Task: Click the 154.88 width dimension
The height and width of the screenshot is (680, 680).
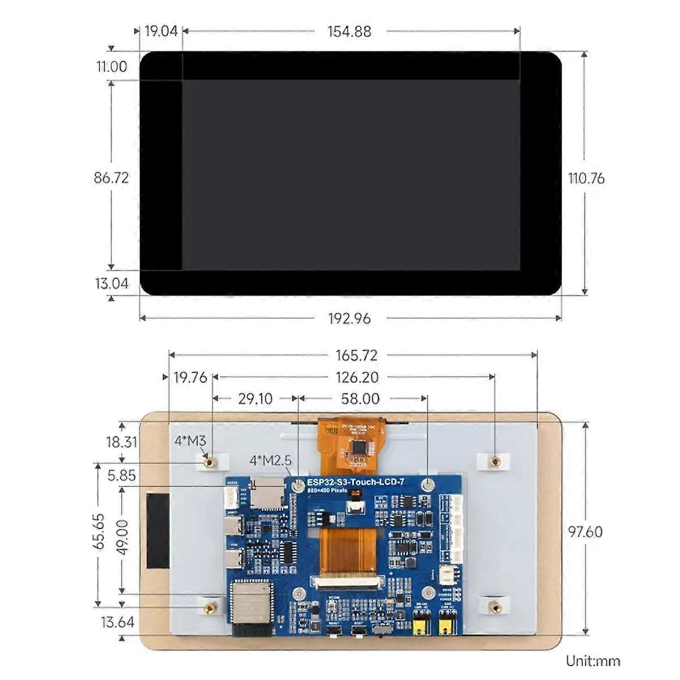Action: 349,32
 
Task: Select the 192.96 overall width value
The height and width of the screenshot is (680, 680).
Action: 349,318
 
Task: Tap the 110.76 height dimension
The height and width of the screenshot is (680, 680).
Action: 586,178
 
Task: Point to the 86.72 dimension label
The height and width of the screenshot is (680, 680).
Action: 111,178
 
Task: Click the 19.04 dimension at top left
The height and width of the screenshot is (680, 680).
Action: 161,31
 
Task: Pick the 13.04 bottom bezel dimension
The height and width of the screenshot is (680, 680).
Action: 112,283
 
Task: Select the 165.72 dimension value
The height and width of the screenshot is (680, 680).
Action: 356,355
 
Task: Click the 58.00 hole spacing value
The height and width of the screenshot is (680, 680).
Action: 360,399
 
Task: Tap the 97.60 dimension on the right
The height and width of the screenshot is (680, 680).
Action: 585,532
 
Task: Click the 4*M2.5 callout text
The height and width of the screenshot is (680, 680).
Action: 270,461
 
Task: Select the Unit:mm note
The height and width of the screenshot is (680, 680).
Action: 593,661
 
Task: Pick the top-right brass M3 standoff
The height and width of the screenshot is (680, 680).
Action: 495,461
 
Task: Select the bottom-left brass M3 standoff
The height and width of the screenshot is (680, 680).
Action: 210,607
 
